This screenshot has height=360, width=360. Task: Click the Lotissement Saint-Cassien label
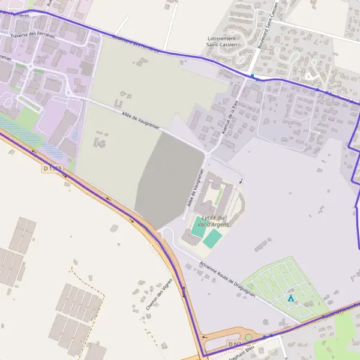coord(221,41)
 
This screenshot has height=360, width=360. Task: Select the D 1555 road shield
coord(52,169)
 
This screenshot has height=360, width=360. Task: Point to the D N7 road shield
coord(235,344)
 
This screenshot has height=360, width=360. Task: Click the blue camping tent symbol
coord(291,298)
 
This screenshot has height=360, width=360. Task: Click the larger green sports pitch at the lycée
coord(211,239)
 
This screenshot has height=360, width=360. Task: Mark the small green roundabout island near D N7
coord(248,338)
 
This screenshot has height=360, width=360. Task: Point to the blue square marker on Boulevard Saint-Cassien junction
coord(253,76)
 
